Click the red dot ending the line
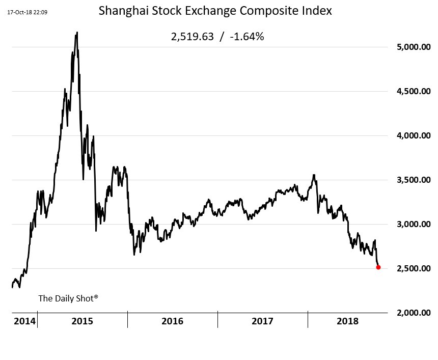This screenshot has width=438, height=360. tap(378, 267)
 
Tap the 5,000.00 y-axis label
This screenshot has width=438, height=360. tap(414, 47)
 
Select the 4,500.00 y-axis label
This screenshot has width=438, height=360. tap(414, 91)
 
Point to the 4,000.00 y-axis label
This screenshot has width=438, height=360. tap(414, 135)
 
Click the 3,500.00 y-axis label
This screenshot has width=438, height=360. tap(414, 180)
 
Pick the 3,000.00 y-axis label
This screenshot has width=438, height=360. tap(414, 224)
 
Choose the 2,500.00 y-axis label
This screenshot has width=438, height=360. tap(414, 268)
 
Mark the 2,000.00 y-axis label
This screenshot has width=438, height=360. tap(414, 313)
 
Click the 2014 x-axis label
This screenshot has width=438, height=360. tap(24, 321)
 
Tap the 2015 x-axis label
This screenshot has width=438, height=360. tap(82, 321)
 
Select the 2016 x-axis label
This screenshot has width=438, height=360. tap(172, 321)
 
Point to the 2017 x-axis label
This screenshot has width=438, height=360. tap(262, 321)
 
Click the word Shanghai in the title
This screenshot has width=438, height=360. tap(123, 11)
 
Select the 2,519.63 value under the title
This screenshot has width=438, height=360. tap(193, 37)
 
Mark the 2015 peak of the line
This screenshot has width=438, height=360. tap(77, 33)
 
